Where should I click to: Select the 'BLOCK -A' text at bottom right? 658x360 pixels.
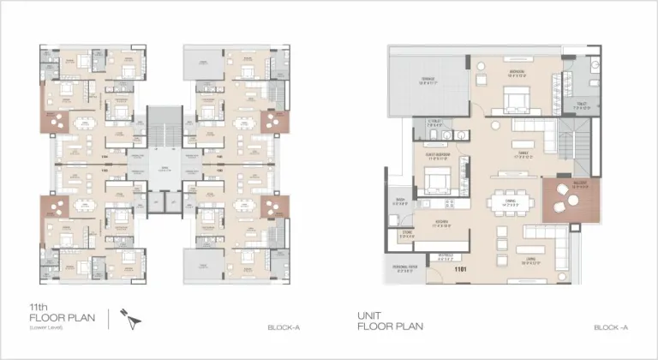click(x=611, y=327)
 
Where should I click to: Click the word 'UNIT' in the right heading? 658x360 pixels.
click(x=368, y=315)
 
